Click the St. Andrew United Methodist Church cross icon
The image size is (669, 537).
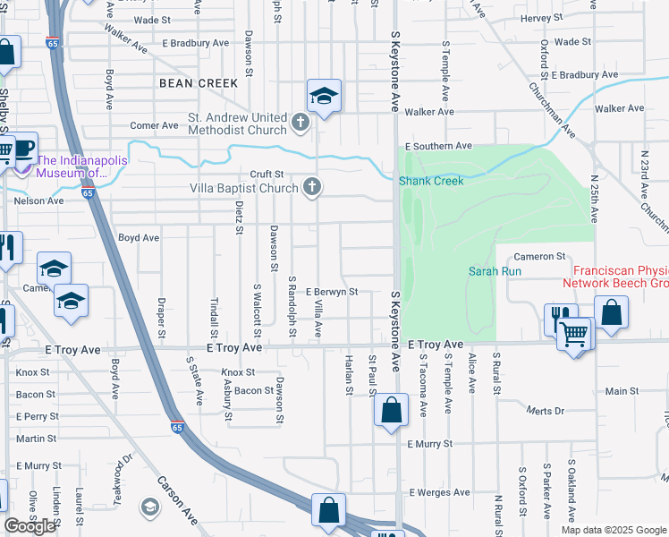[301, 121]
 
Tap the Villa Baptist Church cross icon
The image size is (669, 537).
[311, 187]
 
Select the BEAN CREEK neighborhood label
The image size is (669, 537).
[199, 83]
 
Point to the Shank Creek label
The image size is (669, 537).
[431, 181]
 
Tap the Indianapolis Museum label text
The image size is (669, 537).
[80, 166]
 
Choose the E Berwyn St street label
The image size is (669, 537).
[331, 292]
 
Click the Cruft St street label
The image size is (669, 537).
[267, 175]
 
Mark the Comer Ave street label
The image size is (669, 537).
[155, 126]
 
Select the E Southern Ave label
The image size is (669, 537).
[437, 146]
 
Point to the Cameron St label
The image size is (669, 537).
[539, 257]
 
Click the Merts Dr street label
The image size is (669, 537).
[546, 411]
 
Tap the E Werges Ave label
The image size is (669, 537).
[439, 492]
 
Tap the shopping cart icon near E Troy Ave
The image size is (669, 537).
[574, 336]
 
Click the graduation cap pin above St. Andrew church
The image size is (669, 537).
[324, 95]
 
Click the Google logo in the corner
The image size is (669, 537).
[30, 526]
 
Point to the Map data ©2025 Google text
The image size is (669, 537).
[612, 530]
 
